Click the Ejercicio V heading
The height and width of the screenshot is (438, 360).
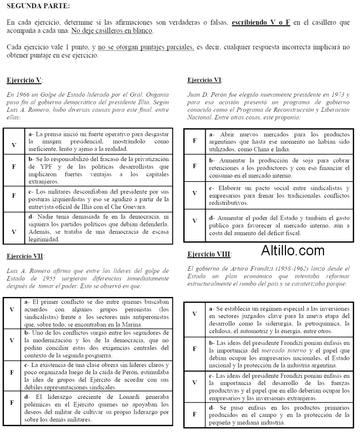click(24, 80)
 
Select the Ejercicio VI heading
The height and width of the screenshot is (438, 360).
click(205, 80)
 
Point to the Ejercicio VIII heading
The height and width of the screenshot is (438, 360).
click(209, 254)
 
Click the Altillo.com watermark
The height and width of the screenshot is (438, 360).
click(293, 251)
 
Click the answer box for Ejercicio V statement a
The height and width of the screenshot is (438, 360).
click(14, 145)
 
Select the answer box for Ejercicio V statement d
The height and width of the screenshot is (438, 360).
click(14, 232)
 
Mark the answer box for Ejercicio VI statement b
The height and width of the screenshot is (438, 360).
click(194, 166)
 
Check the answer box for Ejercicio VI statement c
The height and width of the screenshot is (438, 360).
click(194, 193)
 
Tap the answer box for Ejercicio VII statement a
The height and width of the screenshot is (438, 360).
click(12, 309)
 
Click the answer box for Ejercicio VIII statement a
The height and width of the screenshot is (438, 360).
click(194, 313)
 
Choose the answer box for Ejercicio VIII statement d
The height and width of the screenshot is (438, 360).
click(194, 413)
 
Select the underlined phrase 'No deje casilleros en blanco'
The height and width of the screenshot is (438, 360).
click(112, 31)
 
